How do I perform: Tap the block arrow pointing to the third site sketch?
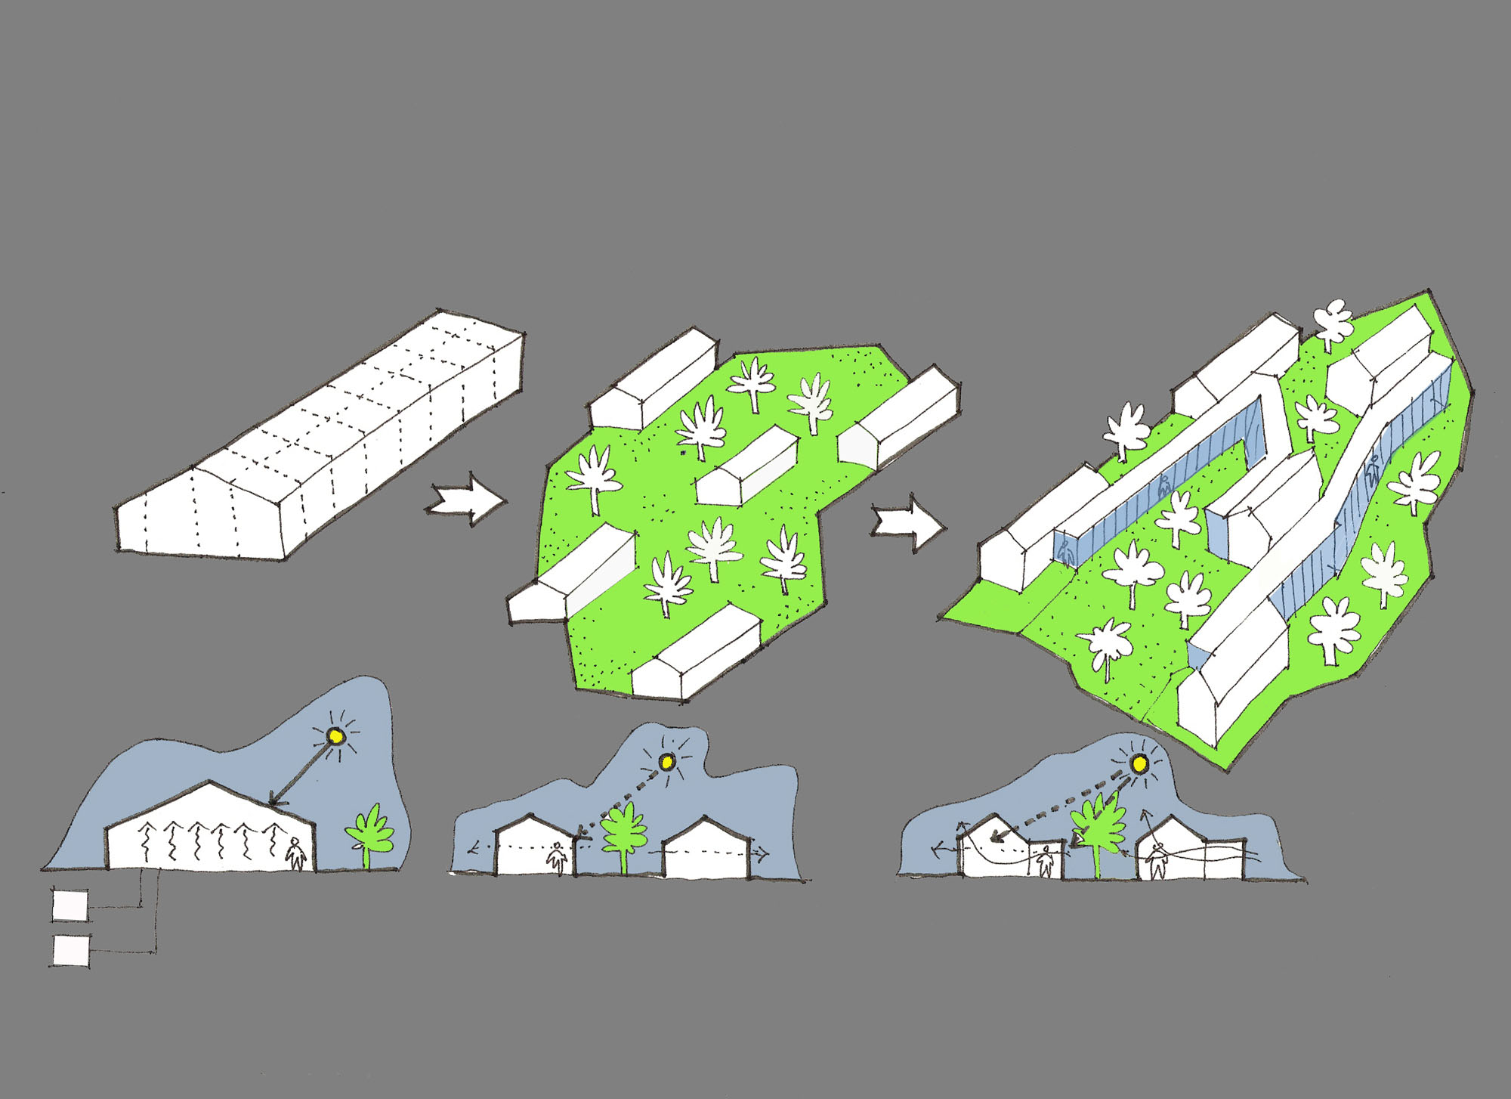click(907, 522)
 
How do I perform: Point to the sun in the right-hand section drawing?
click(1139, 765)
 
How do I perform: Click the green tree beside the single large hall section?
click(369, 832)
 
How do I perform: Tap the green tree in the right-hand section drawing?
click(1100, 828)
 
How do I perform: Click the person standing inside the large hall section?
click(296, 854)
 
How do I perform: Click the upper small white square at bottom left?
click(70, 905)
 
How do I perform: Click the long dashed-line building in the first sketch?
click(317, 438)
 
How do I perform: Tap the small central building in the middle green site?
click(746, 467)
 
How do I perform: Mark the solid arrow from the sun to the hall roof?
click(301, 773)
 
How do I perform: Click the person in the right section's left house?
click(1045, 861)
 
